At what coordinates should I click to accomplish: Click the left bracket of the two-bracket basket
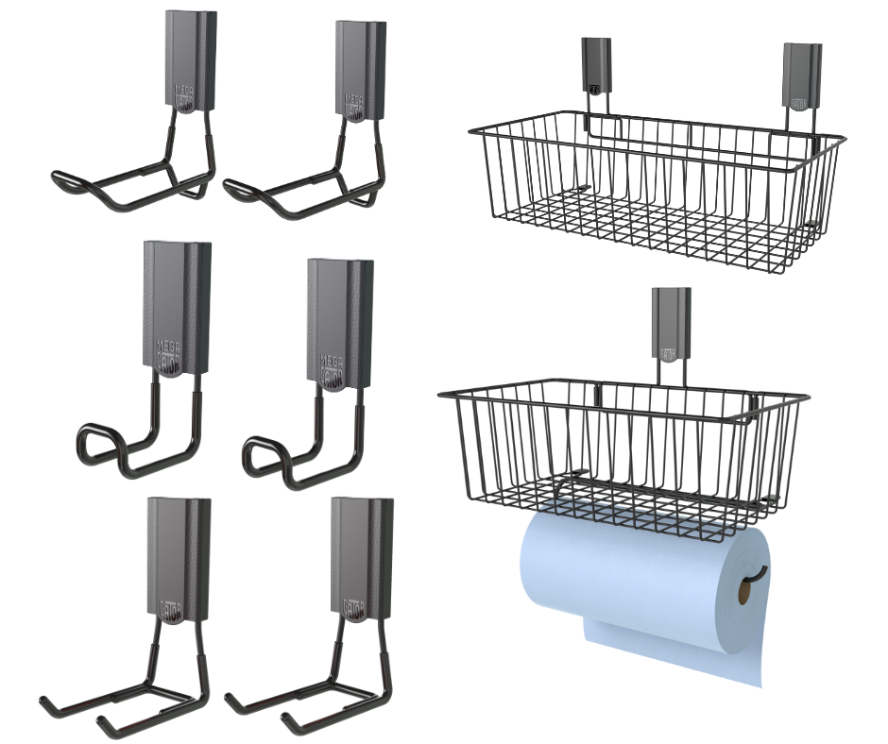(596, 66)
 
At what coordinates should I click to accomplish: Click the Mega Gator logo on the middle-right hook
(332, 363)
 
